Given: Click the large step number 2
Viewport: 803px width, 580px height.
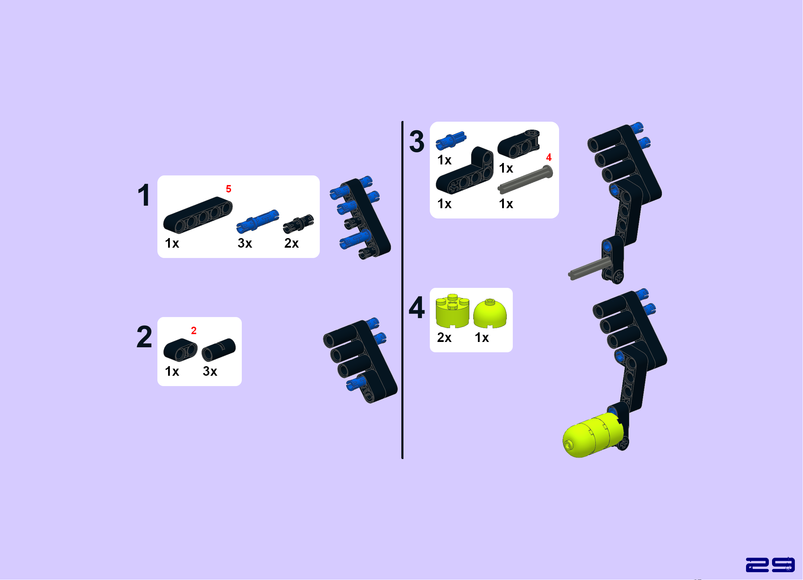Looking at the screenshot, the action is click(x=144, y=337).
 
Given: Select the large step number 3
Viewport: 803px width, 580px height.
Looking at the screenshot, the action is click(x=417, y=141).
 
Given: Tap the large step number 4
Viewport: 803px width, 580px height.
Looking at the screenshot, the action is click(x=417, y=307).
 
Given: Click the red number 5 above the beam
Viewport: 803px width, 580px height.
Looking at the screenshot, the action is click(x=229, y=189).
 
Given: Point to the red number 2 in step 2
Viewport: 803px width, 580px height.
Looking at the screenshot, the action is click(x=194, y=331).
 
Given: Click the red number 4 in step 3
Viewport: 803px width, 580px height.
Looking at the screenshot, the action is click(x=549, y=157).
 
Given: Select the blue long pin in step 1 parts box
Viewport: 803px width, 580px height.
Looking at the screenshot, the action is click(x=257, y=221).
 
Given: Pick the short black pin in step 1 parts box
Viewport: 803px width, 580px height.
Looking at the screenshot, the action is click(x=298, y=223).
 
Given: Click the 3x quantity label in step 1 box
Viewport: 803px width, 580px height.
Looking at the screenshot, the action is click(x=245, y=243).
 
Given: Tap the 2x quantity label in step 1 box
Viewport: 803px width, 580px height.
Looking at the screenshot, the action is click(x=292, y=243).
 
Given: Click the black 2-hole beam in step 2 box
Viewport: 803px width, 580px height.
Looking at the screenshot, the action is click(x=181, y=350).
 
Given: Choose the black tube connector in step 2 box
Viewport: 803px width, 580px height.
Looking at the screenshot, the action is click(x=219, y=349).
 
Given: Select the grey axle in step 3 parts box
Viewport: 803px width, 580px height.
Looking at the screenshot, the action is click(x=525, y=179).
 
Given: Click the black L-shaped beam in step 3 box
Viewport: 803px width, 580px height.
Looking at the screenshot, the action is click(x=465, y=170).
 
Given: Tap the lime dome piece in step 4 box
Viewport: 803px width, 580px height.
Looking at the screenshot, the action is click(x=490, y=313).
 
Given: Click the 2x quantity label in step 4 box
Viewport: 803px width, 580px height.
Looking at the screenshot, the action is click(x=444, y=337).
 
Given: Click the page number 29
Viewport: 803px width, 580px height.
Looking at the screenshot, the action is click(x=770, y=564).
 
